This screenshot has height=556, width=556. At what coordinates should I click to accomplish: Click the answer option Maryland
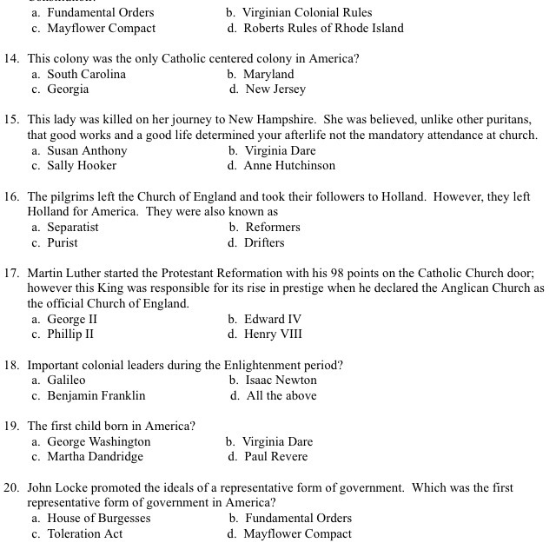tap(268, 74)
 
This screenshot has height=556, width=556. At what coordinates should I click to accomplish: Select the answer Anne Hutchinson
tap(289, 166)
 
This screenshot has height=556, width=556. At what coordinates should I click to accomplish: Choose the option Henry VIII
tap(273, 334)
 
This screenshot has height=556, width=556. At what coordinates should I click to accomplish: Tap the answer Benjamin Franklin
tap(96, 396)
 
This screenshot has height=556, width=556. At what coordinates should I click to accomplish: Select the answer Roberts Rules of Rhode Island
tap(323, 29)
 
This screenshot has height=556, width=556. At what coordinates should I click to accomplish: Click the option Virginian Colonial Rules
tap(308, 13)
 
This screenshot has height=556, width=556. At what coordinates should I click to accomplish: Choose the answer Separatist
tap(73, 228)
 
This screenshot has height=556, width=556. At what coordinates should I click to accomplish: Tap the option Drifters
tap(264, 243)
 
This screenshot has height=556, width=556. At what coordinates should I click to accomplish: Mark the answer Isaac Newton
tap(281, 381)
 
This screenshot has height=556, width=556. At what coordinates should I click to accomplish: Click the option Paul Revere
tap(276, 457)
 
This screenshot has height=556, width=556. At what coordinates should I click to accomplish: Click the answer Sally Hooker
tap(82, 166)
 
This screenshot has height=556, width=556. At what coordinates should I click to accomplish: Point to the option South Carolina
tap(86, 74)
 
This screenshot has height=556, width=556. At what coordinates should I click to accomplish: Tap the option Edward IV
tap(273, 319)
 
